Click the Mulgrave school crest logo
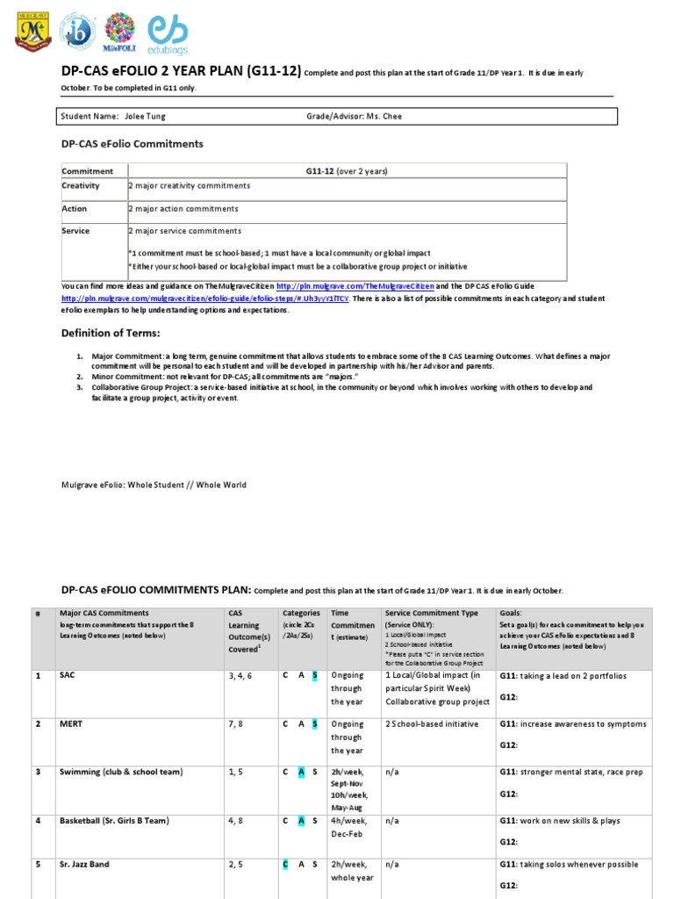pos(32,32)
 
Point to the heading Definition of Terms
pos(111,333)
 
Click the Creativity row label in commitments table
pos(81,186)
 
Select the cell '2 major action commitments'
pos(183,209)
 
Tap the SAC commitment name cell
pos(68,676)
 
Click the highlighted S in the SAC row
pos(315,676)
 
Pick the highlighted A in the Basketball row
pos(300,821)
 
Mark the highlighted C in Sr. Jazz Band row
pos(285,865)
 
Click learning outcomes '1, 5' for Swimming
pos(238,773)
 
